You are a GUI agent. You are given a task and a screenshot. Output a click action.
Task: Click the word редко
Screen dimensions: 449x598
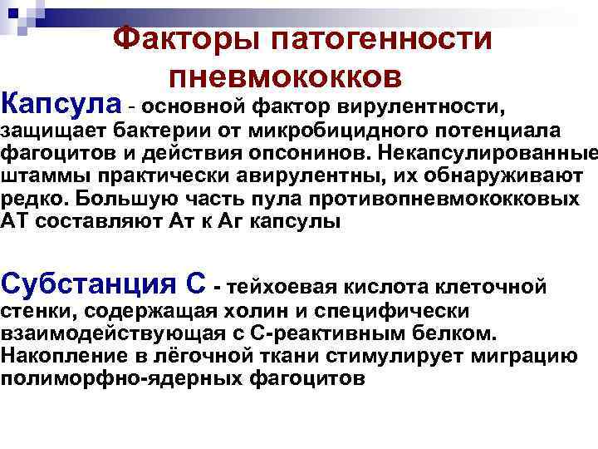click(x=29, y=200)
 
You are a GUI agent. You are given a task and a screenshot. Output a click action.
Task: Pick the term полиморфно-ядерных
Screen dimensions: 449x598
click(x=111, y=378)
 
